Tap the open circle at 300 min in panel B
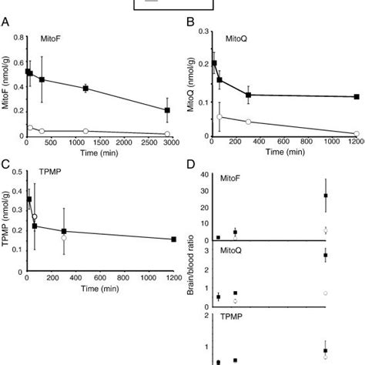click(248, 122)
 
